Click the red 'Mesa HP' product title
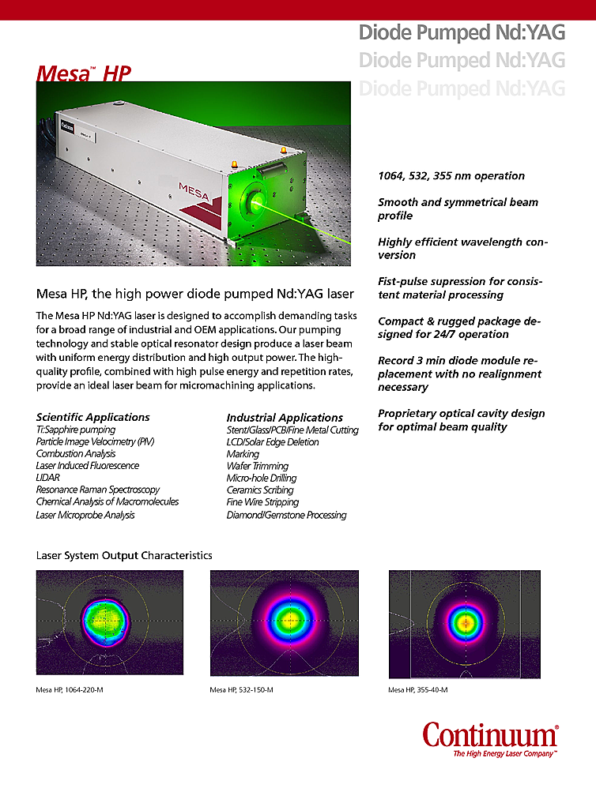83,73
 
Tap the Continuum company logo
490,735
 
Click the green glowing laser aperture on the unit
258,203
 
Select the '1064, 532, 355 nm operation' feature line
451,176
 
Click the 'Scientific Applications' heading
92,417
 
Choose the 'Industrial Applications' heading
285,418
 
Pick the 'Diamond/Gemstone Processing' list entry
286,515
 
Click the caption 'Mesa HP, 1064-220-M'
70,690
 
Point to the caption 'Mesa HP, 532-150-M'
242,690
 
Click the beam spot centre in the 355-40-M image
466,622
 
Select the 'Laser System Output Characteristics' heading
124,556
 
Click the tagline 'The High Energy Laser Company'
504,754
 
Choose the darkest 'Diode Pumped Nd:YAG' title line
462,32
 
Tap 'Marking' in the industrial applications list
243,454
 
